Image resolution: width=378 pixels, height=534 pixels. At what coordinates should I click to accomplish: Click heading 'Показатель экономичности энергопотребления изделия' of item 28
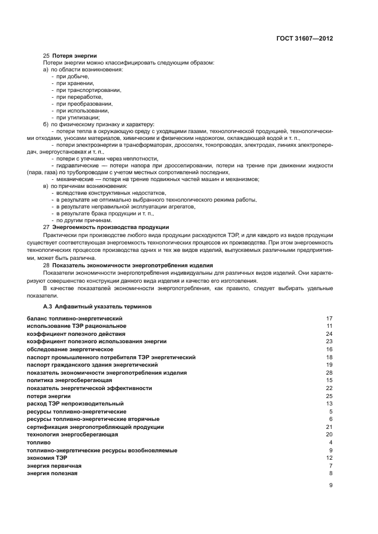click(132, 265)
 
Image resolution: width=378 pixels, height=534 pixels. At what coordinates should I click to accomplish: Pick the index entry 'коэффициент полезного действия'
click(76, 334)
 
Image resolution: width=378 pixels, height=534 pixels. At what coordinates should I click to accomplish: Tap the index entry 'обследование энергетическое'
click(70, 349)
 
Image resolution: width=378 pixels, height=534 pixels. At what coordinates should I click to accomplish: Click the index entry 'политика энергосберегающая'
click(69, 380)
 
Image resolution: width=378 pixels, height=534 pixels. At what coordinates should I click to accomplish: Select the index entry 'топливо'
click(39, 443)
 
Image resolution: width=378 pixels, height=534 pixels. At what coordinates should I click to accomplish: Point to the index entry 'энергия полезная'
click(52, 473)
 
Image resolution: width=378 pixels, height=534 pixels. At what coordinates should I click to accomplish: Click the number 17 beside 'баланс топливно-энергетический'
click(329, 318)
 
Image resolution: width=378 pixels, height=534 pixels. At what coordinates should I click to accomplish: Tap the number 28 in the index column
click(329, 372)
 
